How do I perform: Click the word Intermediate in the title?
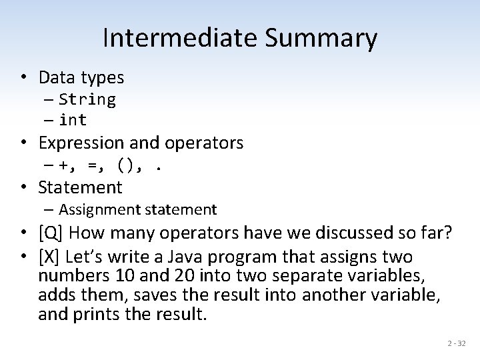click(x=175, y=39)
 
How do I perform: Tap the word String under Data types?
click(x=87, y=100)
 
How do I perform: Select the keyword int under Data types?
click(x=73, y=121)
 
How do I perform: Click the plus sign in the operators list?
click(x=63, y=164)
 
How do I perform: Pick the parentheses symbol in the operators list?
click(x=127, y=164)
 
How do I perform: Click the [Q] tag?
click(x=51, y=233)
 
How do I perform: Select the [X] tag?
click(x=50, y=257)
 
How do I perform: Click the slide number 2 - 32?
click(x=457, y=343)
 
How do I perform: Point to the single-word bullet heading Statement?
click(x=81, y=187)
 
